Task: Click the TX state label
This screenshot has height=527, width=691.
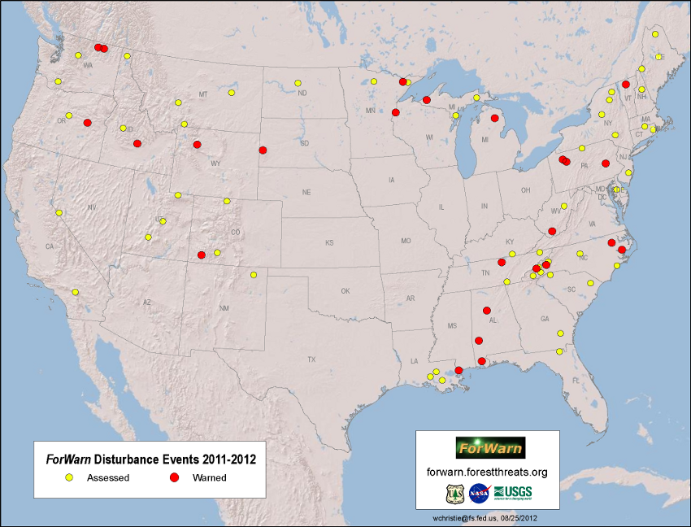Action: pyautogui.click(x=311, y=359)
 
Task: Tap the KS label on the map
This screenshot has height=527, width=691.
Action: pyautogui.click(x=329, y=242)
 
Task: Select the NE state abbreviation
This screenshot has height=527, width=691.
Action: pyautogui.click(x=306, y=193)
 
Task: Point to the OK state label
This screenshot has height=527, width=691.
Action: pyautogui.click(x=345, y=290)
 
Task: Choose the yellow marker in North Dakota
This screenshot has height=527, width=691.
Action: pyautogui.click(x=298, y=83)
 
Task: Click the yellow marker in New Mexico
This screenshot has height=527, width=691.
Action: pyautogui.click(x=254, y=275)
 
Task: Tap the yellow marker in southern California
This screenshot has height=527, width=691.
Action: pyautogui.click(x=75, y=292)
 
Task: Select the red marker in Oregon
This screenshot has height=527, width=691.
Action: pyautogui.click(x=87, y=123)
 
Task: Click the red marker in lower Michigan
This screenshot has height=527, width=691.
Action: pyautogui.click(x=494, y=118)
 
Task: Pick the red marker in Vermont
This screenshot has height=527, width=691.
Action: pyautogui.click(x=626, y=85)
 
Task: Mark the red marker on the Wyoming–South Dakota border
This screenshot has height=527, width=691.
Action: pyautogui.click(x=262, y=150)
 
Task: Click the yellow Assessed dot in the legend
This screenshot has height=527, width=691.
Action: pyautogui.click(x=70, y=477)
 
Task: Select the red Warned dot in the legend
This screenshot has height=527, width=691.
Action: pyautogui.click(x=174, y=477)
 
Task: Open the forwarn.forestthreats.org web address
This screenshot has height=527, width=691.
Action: pyautogui.click(x=487, y=472)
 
